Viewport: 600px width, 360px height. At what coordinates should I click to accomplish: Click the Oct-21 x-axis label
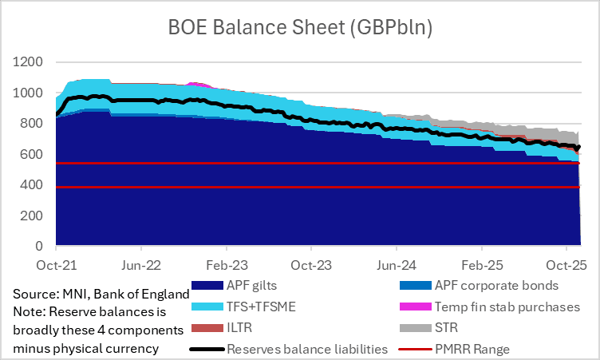tap(56, 263)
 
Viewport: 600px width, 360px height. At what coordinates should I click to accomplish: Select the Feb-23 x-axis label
tap(227, 263)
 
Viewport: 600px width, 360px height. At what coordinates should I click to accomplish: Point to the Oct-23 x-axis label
tap(312, 263)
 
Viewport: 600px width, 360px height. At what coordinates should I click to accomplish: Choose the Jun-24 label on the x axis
tap(397, 263)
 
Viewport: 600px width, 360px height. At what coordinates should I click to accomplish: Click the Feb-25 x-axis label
tap(482, 263)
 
